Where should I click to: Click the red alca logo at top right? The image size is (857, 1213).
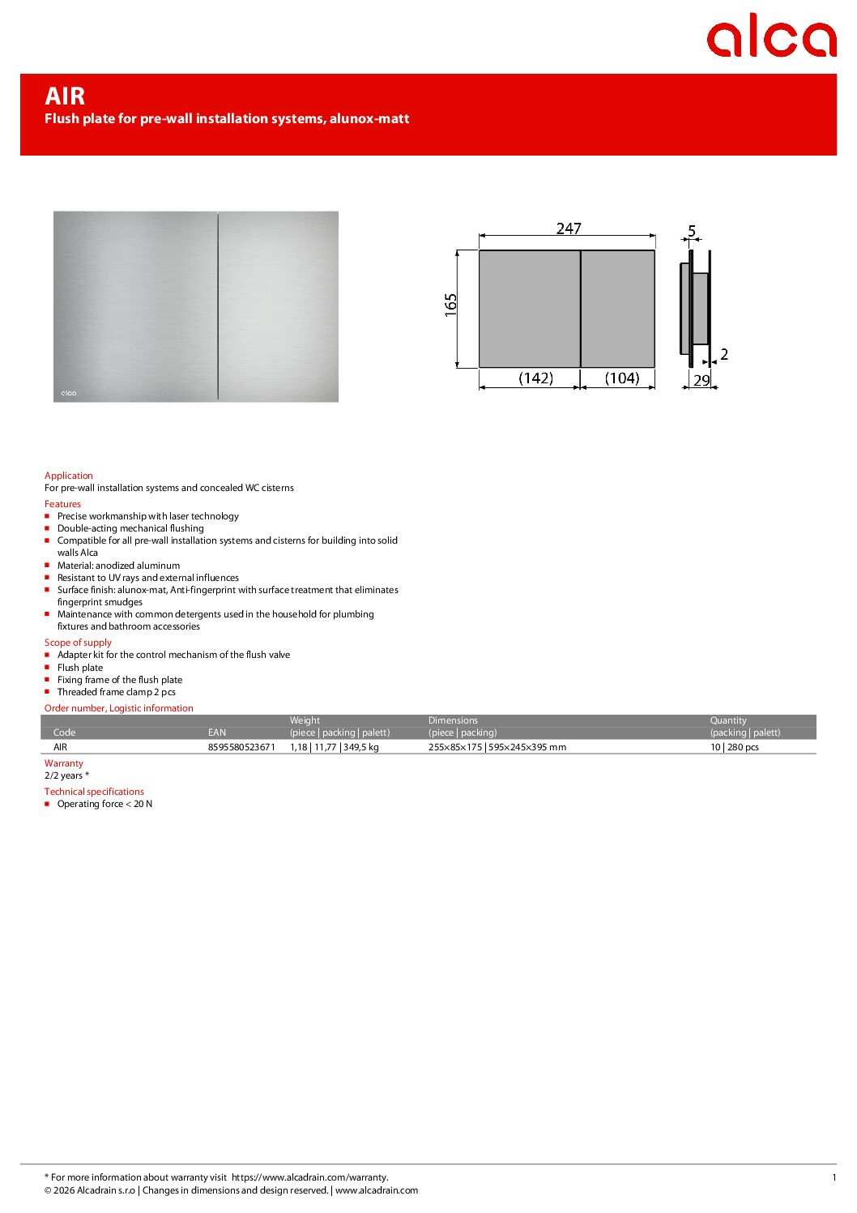coord(770,36)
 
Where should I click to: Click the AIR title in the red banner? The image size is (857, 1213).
coord(65,96)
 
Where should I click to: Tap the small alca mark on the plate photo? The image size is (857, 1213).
coord(69,393)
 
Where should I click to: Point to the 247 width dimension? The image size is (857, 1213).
coord(569,229)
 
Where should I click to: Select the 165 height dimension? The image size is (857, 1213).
coord(451,305)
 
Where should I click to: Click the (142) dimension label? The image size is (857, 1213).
coord(535,378)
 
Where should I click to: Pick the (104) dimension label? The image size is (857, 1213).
coord(622,378)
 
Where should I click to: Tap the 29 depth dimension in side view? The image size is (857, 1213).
coord(701,380)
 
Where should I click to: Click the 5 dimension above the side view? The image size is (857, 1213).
coord(692,231)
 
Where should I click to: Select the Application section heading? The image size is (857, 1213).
coord(69,476)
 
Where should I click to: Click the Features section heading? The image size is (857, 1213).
coord(62,504)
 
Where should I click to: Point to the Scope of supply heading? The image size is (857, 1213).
coord(78,643)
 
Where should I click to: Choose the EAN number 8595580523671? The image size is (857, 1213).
coord(241,747)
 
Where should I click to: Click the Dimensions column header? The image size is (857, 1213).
coord(453,720)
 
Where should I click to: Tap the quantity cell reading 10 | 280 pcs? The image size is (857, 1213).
coord(735,747)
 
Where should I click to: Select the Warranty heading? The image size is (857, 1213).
coord(64,763)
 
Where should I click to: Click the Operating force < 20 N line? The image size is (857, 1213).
coord(104,804)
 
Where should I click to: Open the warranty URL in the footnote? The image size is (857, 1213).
coord(309,1177)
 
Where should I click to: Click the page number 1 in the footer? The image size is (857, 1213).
coord(834,1177)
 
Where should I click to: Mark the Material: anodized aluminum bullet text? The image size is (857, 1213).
coord(118,566)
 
